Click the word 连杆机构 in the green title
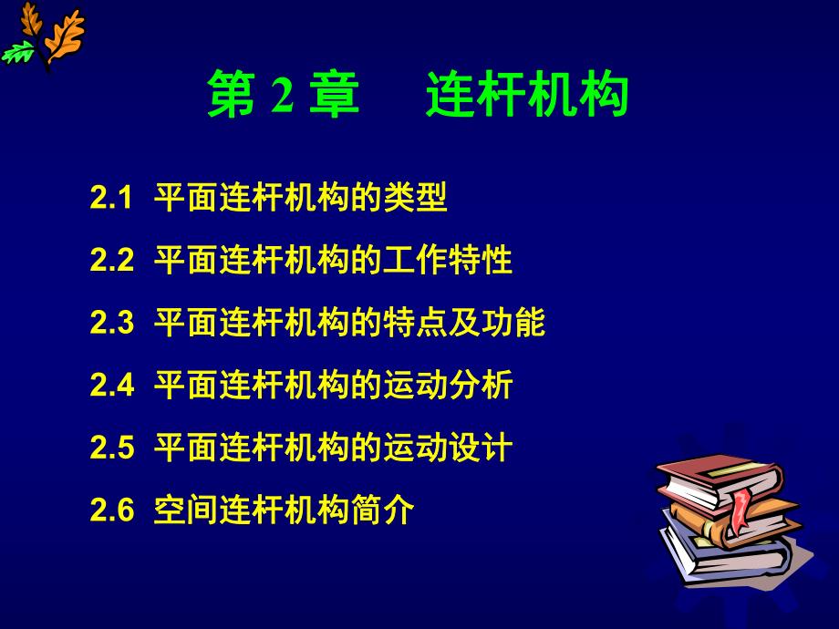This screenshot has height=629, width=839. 527,98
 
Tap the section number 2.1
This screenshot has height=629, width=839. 112,199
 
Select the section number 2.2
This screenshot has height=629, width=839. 112,262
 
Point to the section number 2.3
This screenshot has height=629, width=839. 112,324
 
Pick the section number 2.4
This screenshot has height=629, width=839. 112,386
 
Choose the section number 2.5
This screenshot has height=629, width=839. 112,448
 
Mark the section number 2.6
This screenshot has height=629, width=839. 112,510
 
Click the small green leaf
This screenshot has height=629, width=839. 17,55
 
